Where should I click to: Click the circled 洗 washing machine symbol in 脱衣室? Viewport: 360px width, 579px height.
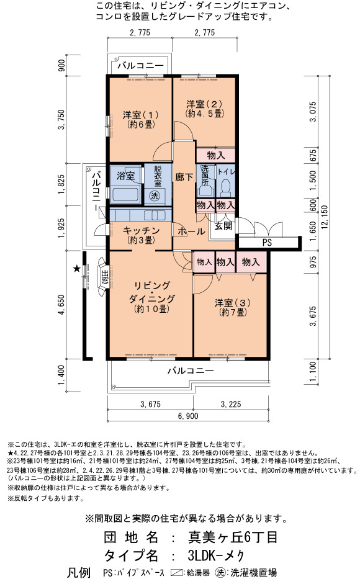tap(155, 195)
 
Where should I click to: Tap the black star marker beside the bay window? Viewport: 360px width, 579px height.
tap(76, 269)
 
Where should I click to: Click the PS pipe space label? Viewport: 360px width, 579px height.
tap(268, 243)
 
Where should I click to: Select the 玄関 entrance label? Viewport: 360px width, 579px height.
tap(223, 226)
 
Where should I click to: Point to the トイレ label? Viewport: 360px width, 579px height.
tap(225, 172)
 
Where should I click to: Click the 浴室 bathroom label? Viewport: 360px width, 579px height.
tap(125, 176)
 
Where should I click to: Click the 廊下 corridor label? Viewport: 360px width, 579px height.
tap(184, 177)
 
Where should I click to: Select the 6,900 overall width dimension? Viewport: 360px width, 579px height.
tap(188, 416)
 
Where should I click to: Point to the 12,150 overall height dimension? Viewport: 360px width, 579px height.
tap(325, 217)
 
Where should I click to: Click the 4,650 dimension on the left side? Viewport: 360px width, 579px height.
tap(61, 305)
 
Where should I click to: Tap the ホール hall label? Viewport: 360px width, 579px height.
tap(191, 231)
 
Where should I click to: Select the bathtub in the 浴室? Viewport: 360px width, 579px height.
tap(125, 195)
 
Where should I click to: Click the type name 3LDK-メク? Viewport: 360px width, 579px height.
tap(216, 555)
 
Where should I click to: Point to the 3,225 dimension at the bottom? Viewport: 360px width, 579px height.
tap(231, 405)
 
